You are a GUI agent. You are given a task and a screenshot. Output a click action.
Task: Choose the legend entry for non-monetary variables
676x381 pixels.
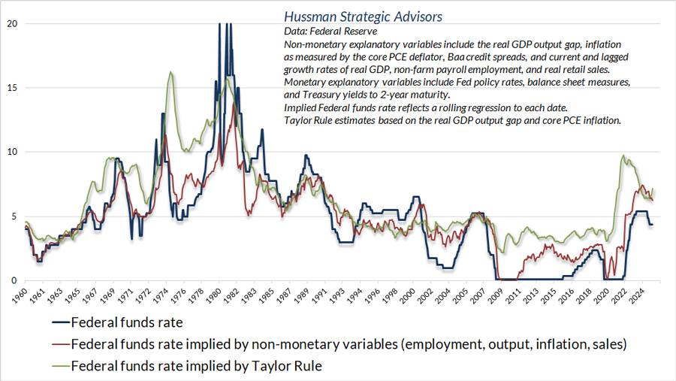pyautogui.click(x=349, y=346)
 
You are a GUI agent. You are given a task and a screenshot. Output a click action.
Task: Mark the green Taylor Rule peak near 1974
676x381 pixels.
pyautogui.click(x=172, y=72)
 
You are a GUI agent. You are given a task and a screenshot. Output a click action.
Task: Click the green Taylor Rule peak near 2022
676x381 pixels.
pyautogui.click(x=623, y=156)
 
